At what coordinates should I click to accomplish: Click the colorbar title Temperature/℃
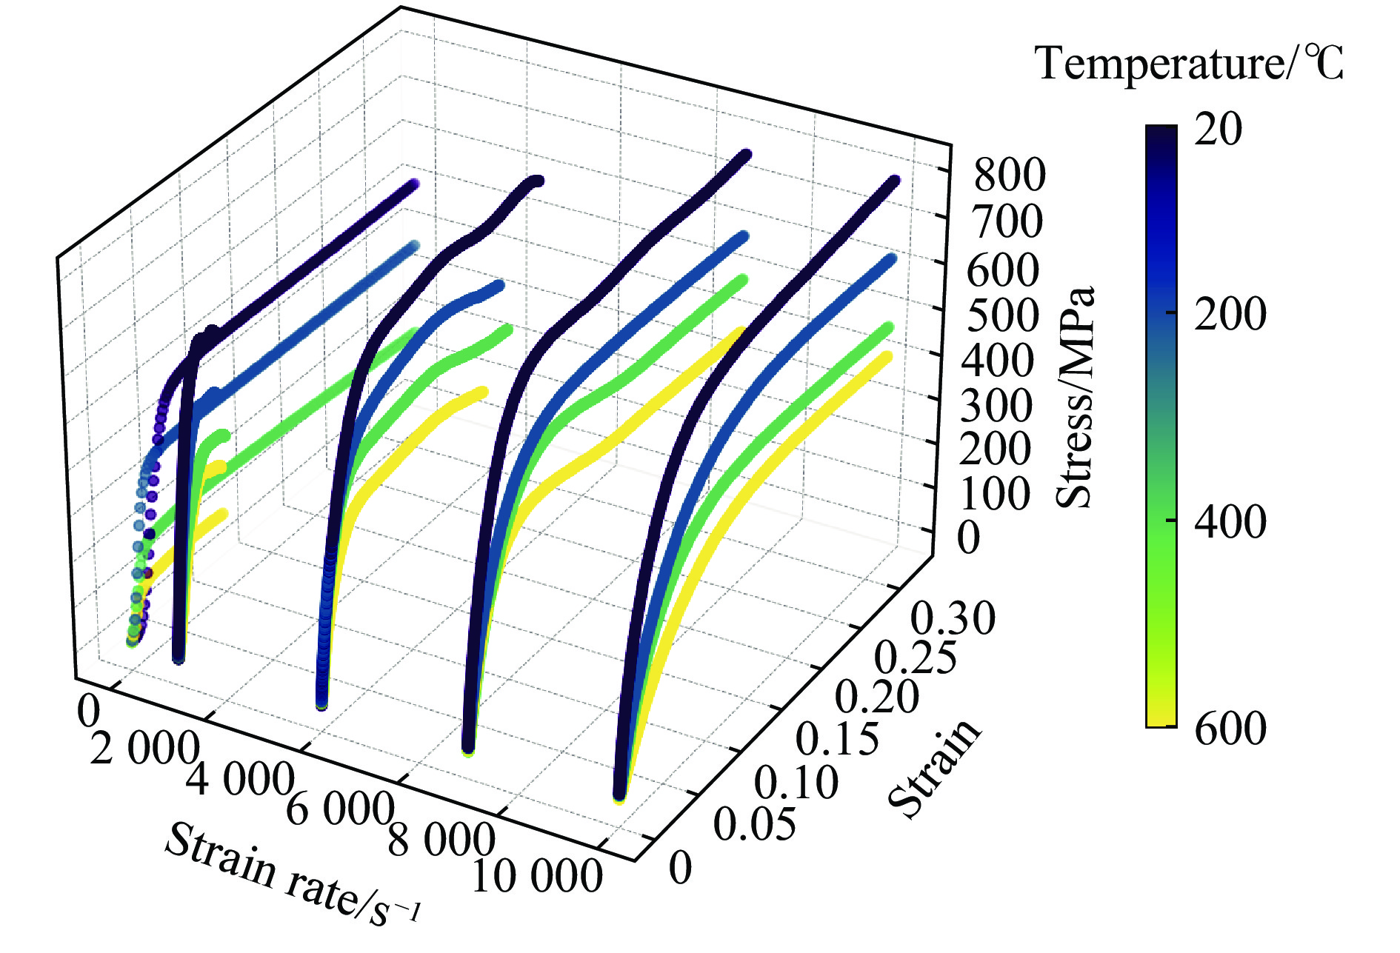(x=1189, y=64)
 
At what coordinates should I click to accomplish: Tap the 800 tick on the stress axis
(x=1010, y=175)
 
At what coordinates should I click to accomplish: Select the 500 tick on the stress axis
(x=1003, y=316)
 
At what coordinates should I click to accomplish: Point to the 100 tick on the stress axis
(x=995, y=494)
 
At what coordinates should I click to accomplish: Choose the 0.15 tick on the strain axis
(x=837, y=739)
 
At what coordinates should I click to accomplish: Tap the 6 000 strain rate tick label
(x=339, y=809)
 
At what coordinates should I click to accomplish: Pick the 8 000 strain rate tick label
(x=441, y=840)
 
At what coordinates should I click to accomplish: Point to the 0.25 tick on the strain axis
(x=916, y=657)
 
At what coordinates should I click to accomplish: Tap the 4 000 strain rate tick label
(x=240, y=779)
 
